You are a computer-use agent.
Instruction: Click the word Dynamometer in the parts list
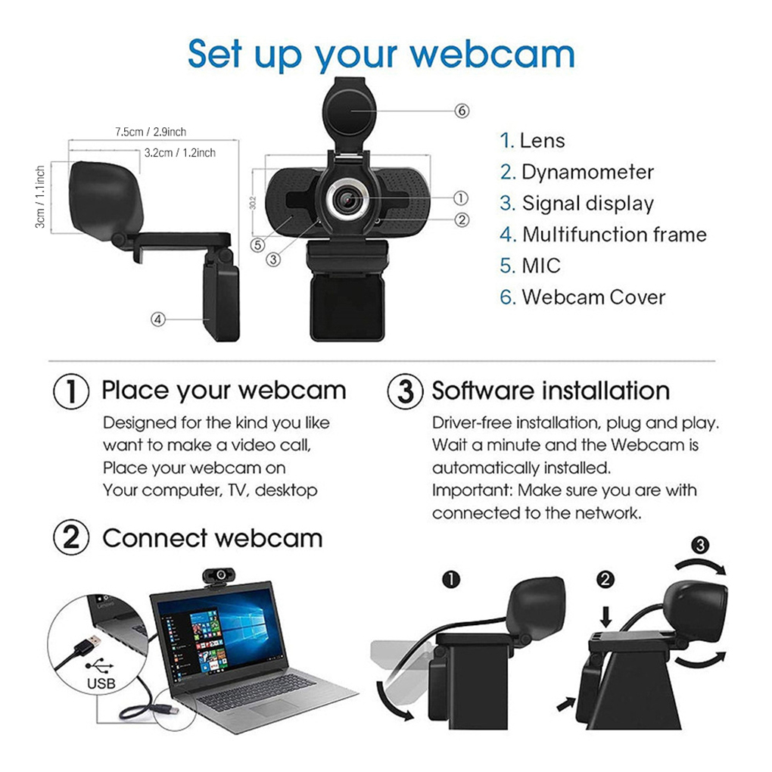tap(587, 172)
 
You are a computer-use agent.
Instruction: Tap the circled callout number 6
tap(462, 111)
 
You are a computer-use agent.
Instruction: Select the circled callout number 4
tap(158, 319)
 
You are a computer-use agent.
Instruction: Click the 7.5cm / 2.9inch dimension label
tap(151, 132)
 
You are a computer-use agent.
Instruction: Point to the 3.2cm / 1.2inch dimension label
tap(179, 153)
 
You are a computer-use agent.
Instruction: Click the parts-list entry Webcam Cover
tap(593, 297)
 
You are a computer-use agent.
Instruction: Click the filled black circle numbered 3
tap(701, 544)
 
